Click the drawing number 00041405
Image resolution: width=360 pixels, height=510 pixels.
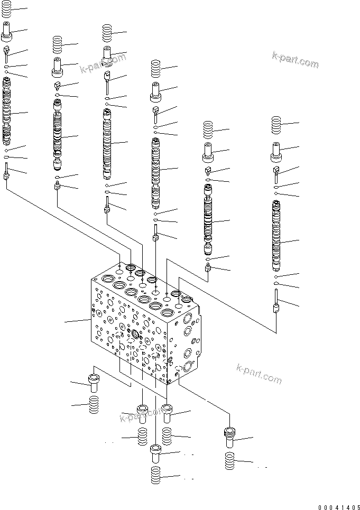coord(338,506)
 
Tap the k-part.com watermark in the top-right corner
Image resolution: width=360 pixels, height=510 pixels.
coord(295,60)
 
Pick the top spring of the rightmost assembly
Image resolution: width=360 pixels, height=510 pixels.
coord(275,125)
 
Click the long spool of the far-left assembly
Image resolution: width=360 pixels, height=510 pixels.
coord(7,111)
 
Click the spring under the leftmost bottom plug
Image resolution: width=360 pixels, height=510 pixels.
coord(94,406)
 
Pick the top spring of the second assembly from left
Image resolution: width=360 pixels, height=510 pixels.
coord(59,43)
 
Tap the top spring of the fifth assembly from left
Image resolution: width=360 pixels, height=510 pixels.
coord(208,130)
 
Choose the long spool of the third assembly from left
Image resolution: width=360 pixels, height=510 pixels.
coord(108,143)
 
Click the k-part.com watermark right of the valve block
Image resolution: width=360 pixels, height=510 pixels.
coord(259,374)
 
